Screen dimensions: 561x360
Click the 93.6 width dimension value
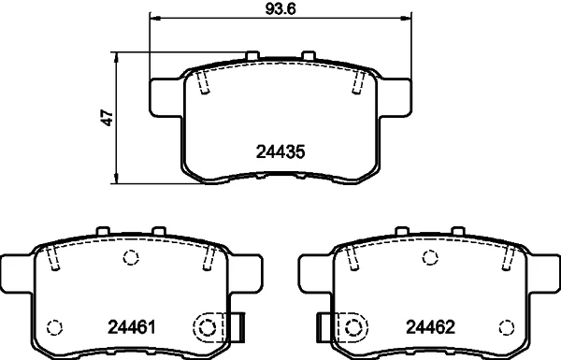coord(280,9)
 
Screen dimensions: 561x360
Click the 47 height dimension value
coord(108,117)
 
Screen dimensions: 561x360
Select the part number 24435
coord(280,151)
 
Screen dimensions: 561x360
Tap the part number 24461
coord(132,326)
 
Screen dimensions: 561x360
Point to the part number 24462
coord(430,326)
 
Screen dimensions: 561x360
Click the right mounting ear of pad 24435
coord(395,97)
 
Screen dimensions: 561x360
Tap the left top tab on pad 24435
coord(252,55)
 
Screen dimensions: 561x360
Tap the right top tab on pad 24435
coord(308,55)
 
